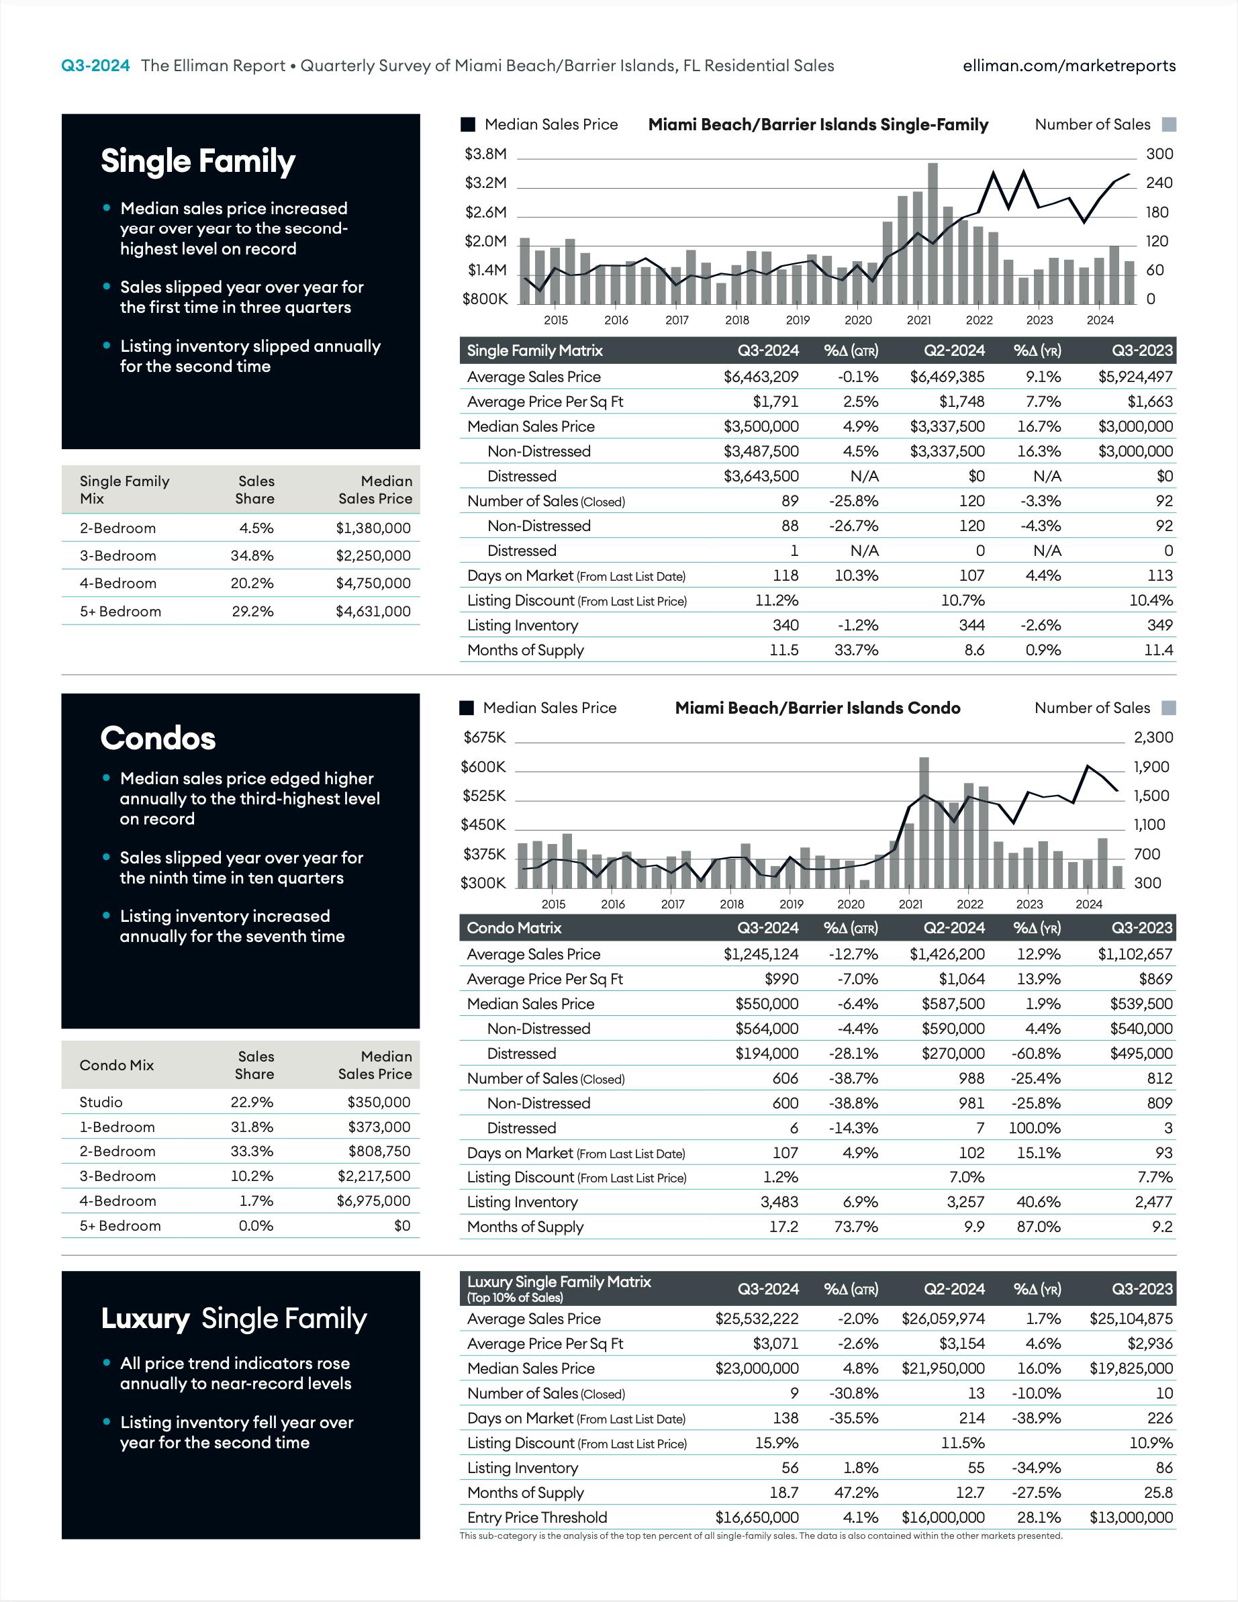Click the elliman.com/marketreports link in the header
(1069, 66)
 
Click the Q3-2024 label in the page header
(95, 66)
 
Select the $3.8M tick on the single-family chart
(485, 154)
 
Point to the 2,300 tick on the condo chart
(1153, 737)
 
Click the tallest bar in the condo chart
(923, 822)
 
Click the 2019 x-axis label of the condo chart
(791, 904)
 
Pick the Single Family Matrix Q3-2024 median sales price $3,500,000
(761, 426)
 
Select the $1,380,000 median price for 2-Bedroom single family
(373, 528)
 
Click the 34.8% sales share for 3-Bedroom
(252, 556)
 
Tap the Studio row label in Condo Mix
(101, 1102)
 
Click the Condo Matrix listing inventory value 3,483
(779, 1202)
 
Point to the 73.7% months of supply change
(855, 1227)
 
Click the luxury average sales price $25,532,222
(757, 1318)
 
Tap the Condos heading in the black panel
(158, 739)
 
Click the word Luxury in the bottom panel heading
(145, 1318)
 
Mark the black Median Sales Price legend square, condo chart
(467, 708)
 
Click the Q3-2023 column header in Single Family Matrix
(1142, 350)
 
